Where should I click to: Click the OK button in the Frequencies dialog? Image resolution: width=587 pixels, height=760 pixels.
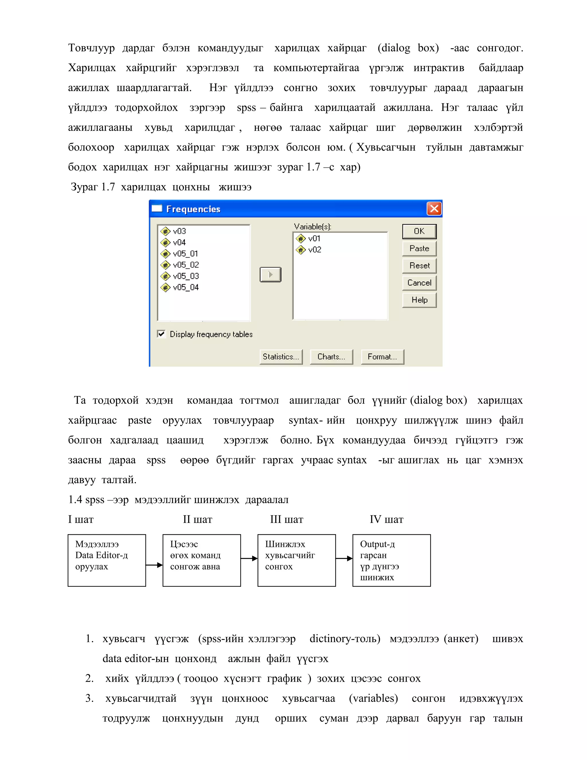tap(419, 231)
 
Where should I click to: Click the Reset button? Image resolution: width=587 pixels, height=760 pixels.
tap(419, 266)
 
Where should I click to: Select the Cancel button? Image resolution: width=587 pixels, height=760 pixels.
tap(419, 282)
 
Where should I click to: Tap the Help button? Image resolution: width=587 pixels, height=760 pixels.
tap(419, 300)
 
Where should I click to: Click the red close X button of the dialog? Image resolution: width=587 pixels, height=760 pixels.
tap(434, 209)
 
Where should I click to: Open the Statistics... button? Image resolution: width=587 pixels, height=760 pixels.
tap(281, 357)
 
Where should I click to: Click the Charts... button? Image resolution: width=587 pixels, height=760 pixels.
tap(331, 357)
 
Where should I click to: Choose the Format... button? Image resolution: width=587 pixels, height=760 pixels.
tap(382, 357)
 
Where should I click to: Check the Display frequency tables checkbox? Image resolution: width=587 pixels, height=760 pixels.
tap(161, 334)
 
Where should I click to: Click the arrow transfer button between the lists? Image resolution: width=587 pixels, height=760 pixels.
tap(270, 274)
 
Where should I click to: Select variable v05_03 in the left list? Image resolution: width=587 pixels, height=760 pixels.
tap(185, 276)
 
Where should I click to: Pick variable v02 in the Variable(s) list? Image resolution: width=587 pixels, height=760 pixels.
tap(314, 250)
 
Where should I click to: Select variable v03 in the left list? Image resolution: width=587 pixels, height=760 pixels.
tap(179, 231)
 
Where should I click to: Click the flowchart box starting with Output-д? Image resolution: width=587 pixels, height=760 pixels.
tap(391, 561)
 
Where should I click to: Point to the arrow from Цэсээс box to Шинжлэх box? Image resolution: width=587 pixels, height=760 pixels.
tap(249, 558)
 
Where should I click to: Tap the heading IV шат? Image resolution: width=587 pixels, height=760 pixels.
tap(386, 520)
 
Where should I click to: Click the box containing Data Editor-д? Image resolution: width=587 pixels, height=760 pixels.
tap(106, 561)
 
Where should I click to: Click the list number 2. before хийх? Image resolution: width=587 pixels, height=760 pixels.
tap(89, 679)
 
